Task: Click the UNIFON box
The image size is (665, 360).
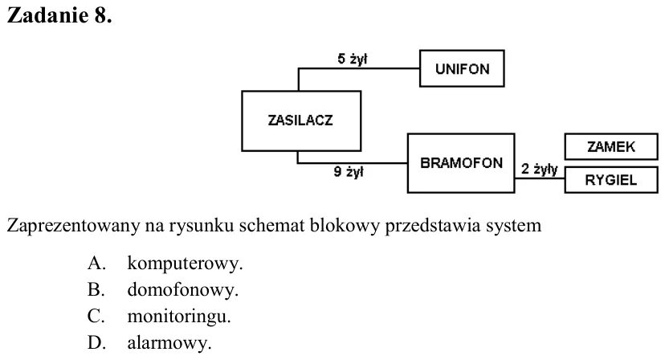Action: click(x=462, y=68)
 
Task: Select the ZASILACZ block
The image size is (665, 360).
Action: click(x=301, y=121)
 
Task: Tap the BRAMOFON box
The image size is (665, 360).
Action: click(x=461, y=163)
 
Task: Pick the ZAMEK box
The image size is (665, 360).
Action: click(x=611, y=146)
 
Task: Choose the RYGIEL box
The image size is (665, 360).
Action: click(x=611, y=179)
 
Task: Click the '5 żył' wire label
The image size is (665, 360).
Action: click(x=352, y=59)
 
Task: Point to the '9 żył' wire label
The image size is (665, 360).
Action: click(x=349, y=171)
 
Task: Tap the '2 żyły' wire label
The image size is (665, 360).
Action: click(x=539, y=169)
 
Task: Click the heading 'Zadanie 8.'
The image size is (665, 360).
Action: click(x=59, y=16)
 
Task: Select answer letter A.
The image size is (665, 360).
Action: click(x=96, y=264)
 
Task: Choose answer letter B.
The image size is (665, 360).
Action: click(x=96, y=289)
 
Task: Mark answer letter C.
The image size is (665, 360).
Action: click(x=96, y=317)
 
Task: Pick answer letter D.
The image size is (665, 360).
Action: click(x=96, y=342)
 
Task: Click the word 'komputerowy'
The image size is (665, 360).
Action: click(x=183, y=264)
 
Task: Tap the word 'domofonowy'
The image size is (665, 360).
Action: click(x=181, y=289)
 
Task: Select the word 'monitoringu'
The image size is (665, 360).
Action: click(x=177, y=317)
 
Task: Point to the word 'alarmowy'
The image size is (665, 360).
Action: click(x=168, y=343)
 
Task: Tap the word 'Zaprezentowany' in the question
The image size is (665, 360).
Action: click(x=73, y=226)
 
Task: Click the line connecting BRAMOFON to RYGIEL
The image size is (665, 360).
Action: click(x=540, y=178)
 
